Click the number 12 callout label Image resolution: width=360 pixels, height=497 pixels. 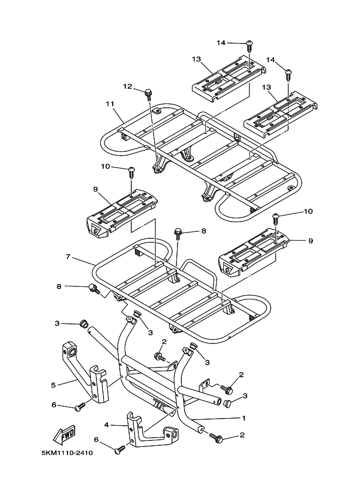pyautogui.click(x=127, y=86)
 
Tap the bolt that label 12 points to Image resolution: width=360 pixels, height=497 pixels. pyautogui.click(x=148, y=94)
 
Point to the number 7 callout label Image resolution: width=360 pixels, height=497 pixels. pyautogui.click(x=68, y=256)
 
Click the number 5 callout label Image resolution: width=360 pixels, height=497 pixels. pyautogui.click(x=53, y=385)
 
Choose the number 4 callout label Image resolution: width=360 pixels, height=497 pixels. pyautogui.click(x=107, y=425)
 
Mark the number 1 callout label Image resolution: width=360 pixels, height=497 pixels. pyautogui.click(x=244, y=418)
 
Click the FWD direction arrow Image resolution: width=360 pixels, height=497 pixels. pyautogui.click(x=64, y=435)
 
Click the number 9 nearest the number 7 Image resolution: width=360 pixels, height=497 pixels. pyautogui.click(x=95, y=189)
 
